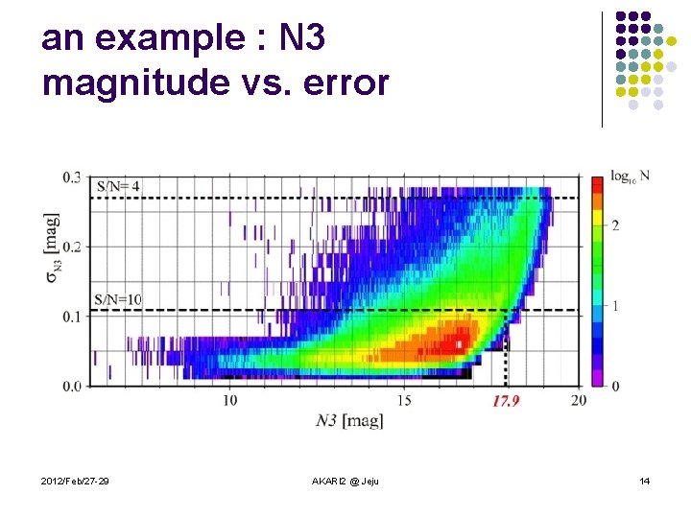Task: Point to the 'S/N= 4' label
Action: tap(117, 185)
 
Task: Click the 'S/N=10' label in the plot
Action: tap(118, 299)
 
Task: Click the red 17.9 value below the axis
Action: tap(505, 401)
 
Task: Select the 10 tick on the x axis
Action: tap(230, 399)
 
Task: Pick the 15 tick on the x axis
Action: tap(404, 399)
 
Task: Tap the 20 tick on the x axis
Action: tap(578, 399)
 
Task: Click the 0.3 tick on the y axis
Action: tap(73, 177)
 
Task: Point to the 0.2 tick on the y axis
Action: tap(73, 247)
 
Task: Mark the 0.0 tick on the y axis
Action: tap(73, 386)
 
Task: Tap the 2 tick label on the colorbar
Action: tap(615, 224)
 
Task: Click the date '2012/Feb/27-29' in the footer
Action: tap(75, 480)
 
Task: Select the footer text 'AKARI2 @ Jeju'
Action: tap(345, 480)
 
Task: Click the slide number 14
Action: tap(644, 480)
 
